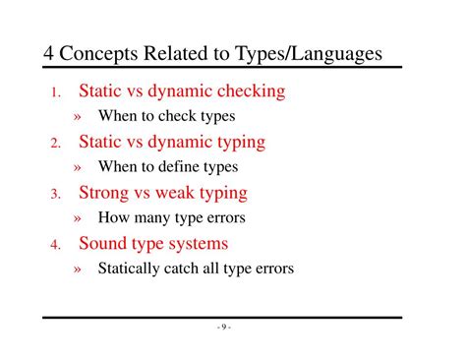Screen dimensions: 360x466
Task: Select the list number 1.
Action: pos(56,94)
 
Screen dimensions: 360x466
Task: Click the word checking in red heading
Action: pos(249,92)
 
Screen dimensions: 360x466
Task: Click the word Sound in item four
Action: pos(104,243)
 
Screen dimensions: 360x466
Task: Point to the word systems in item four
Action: pos(198,244)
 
